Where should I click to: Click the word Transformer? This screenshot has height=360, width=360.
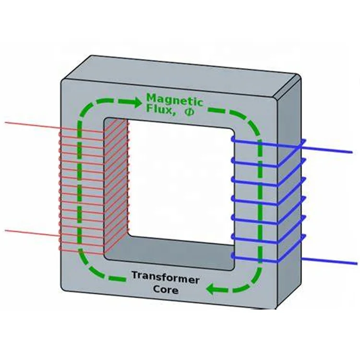(165, 277)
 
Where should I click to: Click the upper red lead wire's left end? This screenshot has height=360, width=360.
(6, 122)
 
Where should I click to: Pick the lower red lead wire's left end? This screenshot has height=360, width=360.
(6, 230)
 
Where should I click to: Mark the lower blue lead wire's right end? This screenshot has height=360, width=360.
(356, 264)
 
